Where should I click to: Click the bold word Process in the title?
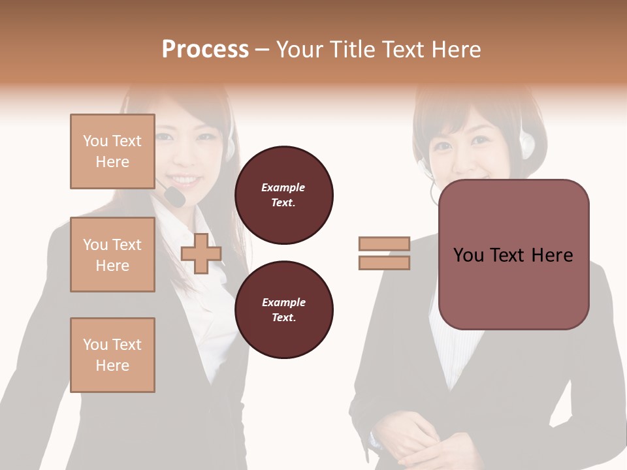tap(205, 50)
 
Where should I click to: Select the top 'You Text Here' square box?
tap(112, 151)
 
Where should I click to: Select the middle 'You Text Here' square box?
tap(112, 255)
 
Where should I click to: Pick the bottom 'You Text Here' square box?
tap(112, 354)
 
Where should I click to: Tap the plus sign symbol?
tap(201, 253)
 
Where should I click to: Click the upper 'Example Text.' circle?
tap(283, 195)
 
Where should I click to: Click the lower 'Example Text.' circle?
tap(283, 310)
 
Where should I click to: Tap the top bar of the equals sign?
tap(384, 243)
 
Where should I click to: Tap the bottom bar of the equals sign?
tap(384, 262)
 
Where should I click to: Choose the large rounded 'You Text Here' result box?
tap(513, 255)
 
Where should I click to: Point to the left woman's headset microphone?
tap(173, 196)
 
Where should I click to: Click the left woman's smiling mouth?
tap(185, 179)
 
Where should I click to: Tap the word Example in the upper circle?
tap(283, 187)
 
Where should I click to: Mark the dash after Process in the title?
tap(263, 50)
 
